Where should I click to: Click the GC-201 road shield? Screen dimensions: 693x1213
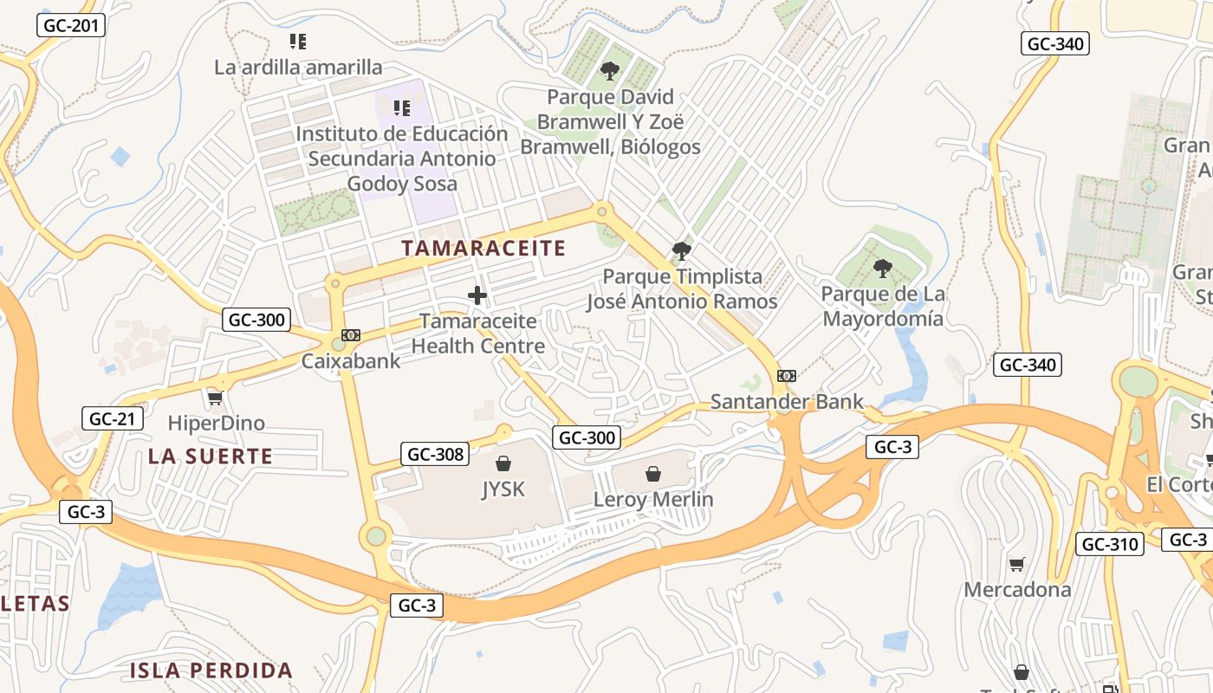click(x=71, y=25)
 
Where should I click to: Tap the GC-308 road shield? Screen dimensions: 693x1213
click(x=435, y=453)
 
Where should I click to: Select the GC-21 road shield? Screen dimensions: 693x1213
click(x=112, y=418)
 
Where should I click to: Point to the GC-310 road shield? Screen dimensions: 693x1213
click(x=1110, y=544)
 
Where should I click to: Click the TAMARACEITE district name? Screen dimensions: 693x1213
click(x=483, y=249)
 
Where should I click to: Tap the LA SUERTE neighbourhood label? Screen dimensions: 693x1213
click(x=211, y=456)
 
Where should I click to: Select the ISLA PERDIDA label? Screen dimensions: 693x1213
click(x=211, y=670)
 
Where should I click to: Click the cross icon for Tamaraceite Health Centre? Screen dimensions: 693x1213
click(x=477, y=295)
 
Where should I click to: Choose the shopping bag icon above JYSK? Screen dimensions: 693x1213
click(x=503, y=464)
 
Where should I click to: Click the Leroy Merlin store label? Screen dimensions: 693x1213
click(x=653, y=499)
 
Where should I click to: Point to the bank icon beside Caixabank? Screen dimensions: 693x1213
click(x=351, y=335)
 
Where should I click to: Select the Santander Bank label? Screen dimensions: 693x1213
click(x=787, y=401)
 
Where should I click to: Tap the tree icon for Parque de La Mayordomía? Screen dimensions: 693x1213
click(x=882, y=269)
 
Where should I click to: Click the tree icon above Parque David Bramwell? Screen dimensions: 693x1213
click(x=610, y=71)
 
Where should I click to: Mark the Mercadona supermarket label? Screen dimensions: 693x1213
click(x=1017, y=589)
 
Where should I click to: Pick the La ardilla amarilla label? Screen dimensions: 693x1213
click(x=298, y=67)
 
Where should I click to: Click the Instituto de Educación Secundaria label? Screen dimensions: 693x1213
click(x=402, y=159)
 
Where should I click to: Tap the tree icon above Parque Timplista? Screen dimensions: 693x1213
click(x=682, y=251)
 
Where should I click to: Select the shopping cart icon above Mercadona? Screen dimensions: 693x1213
click(x=1017, y=564)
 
